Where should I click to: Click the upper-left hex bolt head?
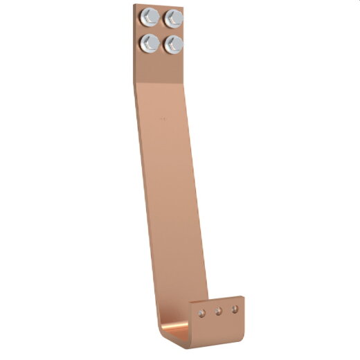pyautogui.click(x=149, y=17)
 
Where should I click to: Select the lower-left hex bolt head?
pyautogui.click(x=150, y=44)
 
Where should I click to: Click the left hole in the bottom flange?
pyautogui.click(x=201, y=314)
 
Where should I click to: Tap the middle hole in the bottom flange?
pyautogui.click(x=218, y=311)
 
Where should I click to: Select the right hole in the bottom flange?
pyautogui.click(x=235, y=307)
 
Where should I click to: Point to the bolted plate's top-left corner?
pyautogui.click(x=135, y=4)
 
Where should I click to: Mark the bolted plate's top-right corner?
pyautogui.click(x=186, y=5)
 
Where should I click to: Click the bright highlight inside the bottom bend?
pyautogui.click(x=181, y=330)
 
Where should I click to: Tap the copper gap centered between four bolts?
pyautogui.click(x=162, y=30)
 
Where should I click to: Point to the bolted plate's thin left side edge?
pyautogui.click(x=134, y=42)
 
